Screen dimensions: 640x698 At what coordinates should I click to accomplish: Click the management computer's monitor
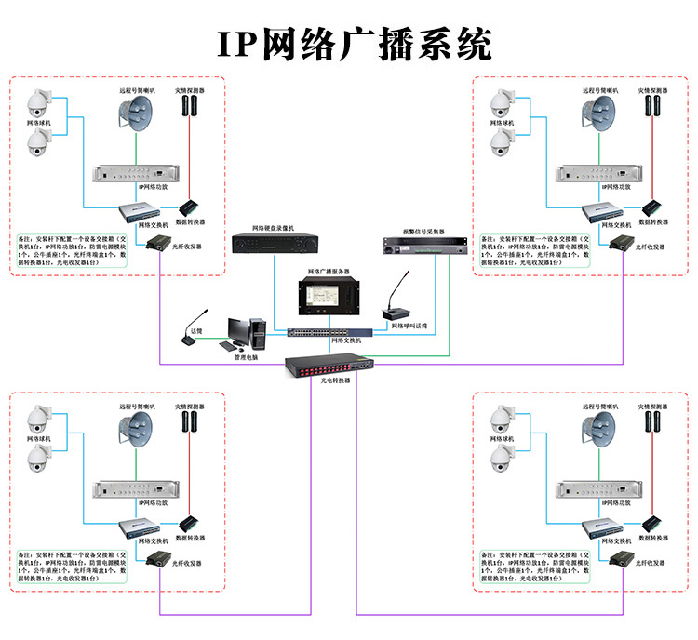238,329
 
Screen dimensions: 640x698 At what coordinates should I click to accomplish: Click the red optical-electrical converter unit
330,365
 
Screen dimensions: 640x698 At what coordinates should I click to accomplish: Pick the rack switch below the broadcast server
321,331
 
